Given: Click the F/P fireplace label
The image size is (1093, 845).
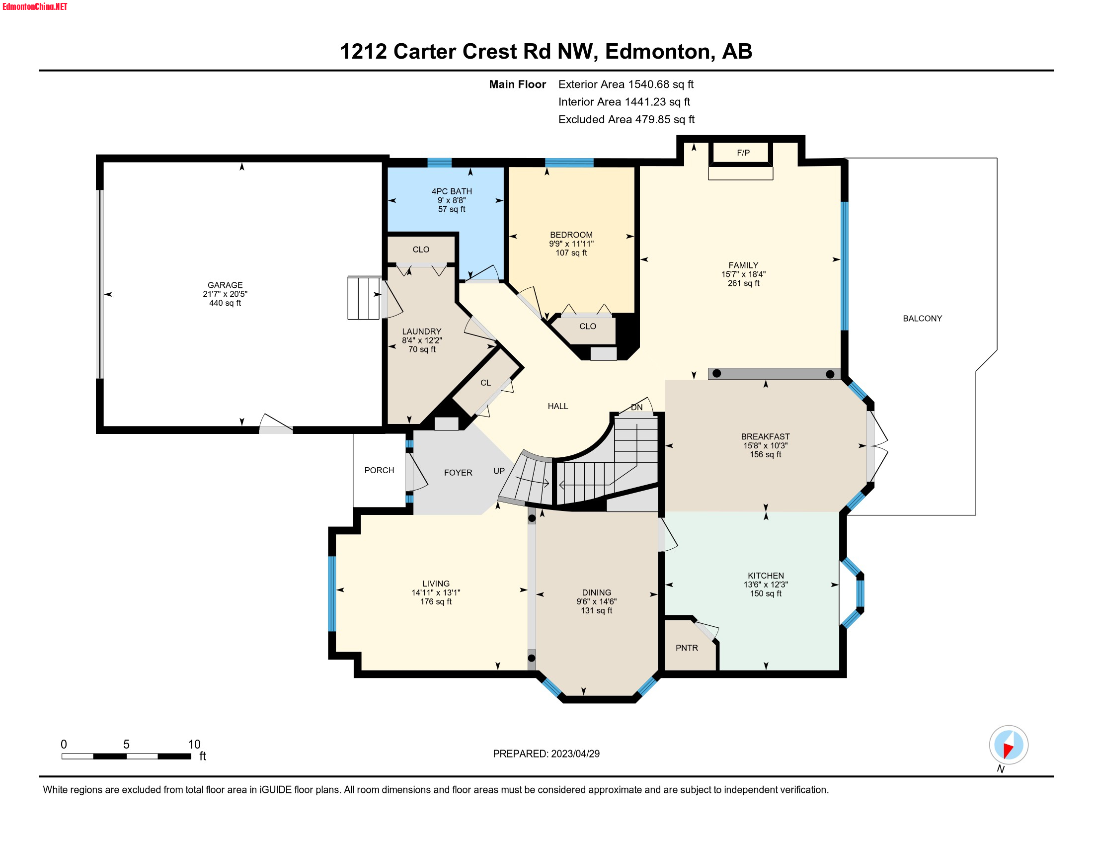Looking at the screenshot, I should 743,153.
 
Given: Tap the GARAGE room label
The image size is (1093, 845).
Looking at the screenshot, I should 225,285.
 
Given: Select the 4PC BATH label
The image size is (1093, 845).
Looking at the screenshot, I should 452,191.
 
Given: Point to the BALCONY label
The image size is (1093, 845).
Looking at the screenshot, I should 922,319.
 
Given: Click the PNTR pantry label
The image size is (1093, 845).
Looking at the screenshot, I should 686,648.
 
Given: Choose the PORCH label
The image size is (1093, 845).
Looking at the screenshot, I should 379,470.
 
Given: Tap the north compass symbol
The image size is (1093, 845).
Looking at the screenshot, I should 1008,745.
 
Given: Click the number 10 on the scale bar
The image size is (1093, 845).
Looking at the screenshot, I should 194,744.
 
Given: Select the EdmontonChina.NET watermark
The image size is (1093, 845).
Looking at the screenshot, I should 35,6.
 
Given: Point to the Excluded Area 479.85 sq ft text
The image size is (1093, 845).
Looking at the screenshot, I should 626,119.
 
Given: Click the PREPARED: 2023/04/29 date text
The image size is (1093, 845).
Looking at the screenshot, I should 546,754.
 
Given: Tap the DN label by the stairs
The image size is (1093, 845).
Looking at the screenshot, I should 636,407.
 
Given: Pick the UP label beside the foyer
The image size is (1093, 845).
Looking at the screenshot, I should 498,471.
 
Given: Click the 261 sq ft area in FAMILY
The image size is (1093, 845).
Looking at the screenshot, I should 743,283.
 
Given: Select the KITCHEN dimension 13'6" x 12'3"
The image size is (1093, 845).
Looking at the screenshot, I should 765,584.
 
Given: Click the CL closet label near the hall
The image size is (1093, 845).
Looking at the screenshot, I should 485,382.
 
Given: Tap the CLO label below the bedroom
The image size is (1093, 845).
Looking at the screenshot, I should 587,327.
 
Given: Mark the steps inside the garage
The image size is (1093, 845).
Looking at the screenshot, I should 364,298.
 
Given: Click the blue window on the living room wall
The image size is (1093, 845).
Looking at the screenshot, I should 331,593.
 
